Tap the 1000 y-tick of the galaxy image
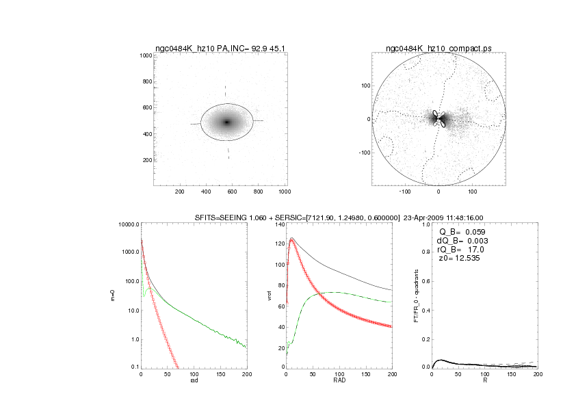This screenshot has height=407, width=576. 146,55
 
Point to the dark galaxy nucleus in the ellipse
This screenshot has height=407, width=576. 227,122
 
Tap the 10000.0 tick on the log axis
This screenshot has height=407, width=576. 127,224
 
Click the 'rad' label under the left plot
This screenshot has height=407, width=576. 194,382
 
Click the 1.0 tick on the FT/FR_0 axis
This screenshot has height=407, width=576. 425,224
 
